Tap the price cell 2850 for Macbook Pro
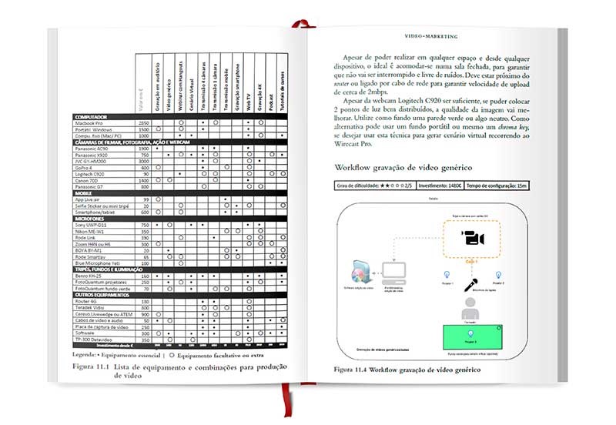(143, 122)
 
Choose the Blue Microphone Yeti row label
(95, 263)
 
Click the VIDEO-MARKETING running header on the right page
(430, 36)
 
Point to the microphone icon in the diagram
(467, 282)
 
